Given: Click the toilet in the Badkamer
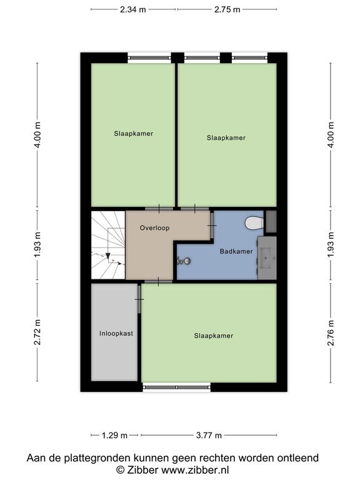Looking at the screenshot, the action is coord(254,223).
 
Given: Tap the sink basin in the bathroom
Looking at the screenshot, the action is coord(267,258).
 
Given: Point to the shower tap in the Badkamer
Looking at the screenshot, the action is coord(184,261).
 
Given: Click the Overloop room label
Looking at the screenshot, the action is coord(154,227).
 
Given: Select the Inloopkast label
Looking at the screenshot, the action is coord(116,333).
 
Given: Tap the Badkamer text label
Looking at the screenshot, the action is coord(236,251).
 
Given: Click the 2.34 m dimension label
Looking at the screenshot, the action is coord(133,9).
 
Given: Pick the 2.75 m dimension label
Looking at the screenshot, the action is coord(227,9).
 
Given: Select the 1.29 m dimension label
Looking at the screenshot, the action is coord(114,435).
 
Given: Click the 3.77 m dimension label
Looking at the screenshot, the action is coord(209,435).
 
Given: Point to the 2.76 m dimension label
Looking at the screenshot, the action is coord(331,332).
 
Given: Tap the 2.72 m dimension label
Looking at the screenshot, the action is coord(37,332).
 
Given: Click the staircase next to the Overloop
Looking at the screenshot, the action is coord(108,245).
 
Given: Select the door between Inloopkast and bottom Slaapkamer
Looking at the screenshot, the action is coord(139,299).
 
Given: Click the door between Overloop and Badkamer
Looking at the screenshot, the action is coord(211,225).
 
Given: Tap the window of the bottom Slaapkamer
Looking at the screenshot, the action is coord(177,387).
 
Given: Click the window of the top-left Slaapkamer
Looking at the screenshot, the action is coord(149,57).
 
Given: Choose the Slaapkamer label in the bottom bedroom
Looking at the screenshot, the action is coord(214,336).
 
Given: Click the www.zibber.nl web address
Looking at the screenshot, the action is coord(195,470).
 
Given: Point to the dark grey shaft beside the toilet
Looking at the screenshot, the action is coord(271,221).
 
